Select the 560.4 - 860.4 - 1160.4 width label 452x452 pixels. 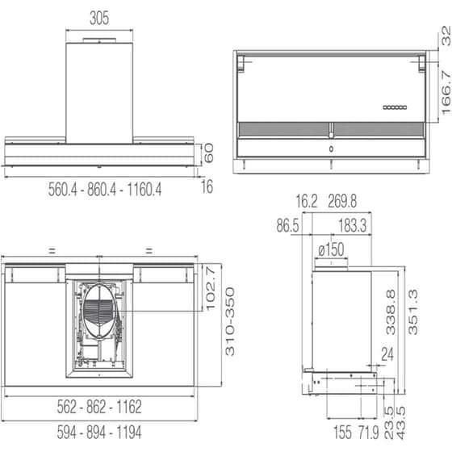(105, 190)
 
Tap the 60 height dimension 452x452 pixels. (209, 153)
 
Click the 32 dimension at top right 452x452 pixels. (443, 36)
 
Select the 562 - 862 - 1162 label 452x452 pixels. (99, 406)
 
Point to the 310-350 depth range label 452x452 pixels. (230, 323)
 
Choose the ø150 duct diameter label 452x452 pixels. (331, 250)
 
